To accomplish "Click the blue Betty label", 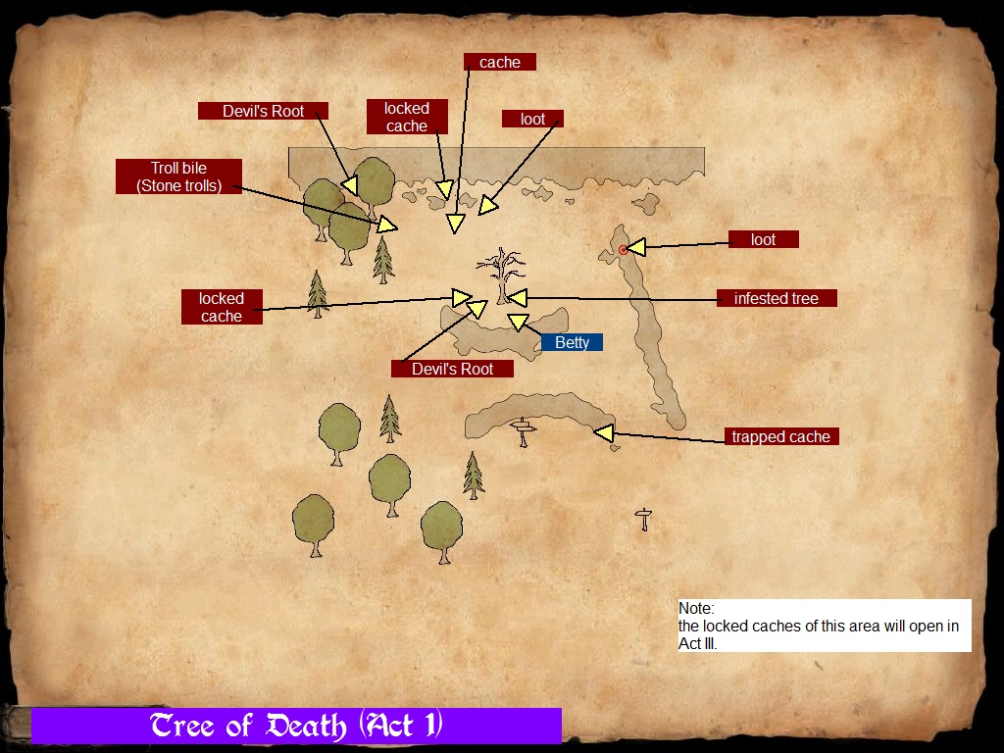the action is [573, 342].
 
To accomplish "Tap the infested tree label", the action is [776, 298].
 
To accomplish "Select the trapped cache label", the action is [780, 436].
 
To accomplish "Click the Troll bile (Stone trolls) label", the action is [178, 176].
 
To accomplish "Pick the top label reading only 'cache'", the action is [500, 62].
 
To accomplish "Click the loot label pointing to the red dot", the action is [763, 239].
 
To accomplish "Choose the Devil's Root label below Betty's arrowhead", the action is [452, 369].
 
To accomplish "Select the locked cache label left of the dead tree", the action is [222, 307].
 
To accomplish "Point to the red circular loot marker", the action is [624, 250].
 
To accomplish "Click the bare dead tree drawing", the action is [502, 275].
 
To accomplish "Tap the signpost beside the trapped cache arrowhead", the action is [524, 430].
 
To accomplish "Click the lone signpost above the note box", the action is [643, 519].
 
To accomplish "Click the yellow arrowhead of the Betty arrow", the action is [517, 322].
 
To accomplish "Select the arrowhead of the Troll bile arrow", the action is [388, 225].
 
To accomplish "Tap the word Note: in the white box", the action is [696, 609].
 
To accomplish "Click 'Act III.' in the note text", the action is [698, 644].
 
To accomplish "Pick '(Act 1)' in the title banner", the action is [401, 726].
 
